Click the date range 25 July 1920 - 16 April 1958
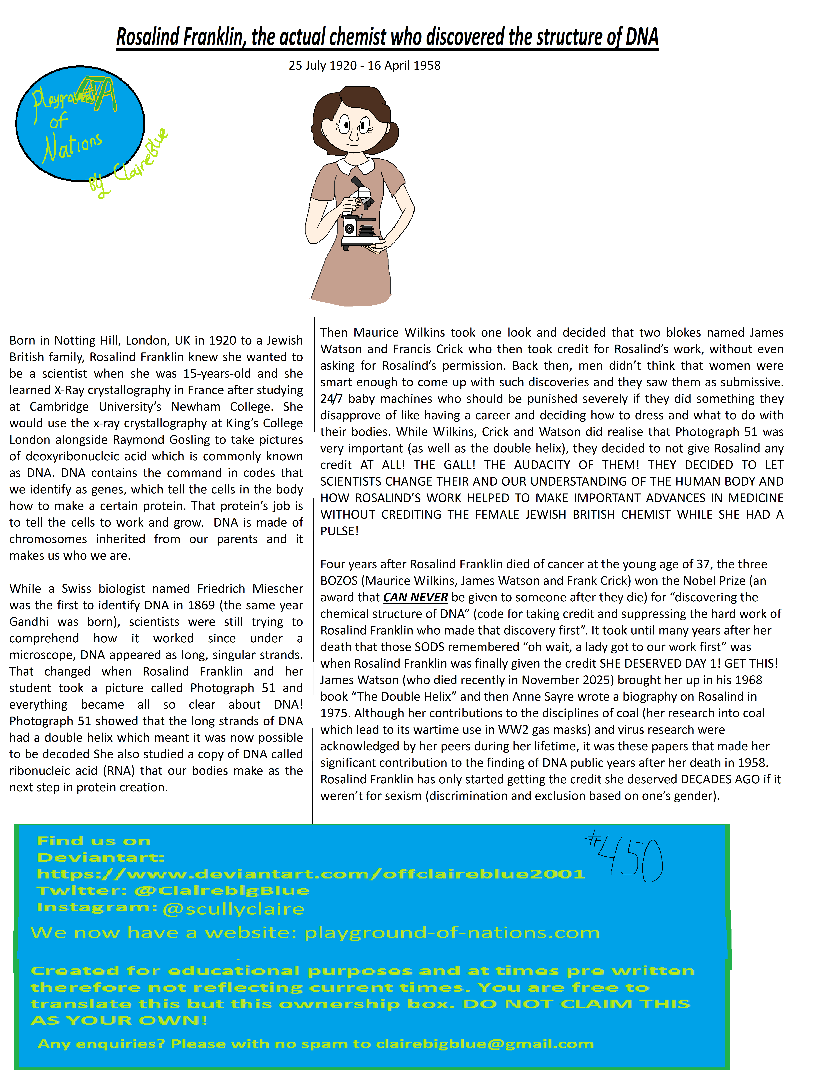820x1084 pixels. click(x=364, y=66)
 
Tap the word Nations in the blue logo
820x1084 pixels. click(x=73, y=147)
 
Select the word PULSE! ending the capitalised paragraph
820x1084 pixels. click(x=339, y=531)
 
